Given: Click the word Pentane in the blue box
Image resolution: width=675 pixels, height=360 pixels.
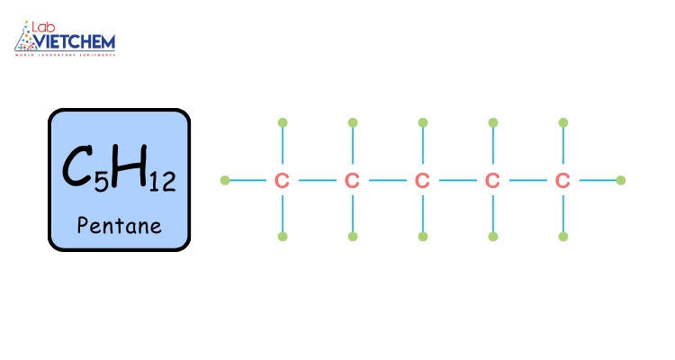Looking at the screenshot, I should (119, 224).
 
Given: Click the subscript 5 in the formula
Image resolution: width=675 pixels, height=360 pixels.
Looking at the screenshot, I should (101, 183).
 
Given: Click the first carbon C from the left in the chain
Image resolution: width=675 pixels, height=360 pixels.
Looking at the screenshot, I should (282, 181).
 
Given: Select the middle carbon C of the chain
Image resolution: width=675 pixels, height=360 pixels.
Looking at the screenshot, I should (422, 181).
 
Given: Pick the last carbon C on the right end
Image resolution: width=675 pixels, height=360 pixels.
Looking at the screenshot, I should (562, 181).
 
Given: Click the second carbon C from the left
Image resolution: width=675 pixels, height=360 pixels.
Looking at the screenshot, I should (352, 181).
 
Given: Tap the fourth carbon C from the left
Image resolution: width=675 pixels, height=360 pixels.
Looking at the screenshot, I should (492, 181).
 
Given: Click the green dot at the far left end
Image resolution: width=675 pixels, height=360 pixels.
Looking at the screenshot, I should (225, 180).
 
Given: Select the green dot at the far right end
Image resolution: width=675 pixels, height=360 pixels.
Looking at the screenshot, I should (620, 180).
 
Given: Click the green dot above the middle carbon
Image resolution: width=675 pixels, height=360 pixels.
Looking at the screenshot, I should (422, 122).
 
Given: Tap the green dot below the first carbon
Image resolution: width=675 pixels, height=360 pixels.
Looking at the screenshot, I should (282, 237).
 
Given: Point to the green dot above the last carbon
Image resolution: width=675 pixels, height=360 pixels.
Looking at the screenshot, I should (562, 122).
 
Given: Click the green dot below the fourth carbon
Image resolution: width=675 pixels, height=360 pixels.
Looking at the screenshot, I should (492, 237).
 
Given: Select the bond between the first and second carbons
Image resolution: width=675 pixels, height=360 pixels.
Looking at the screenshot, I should (317, 180).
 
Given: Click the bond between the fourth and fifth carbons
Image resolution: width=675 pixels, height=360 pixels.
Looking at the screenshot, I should (527, 180).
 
